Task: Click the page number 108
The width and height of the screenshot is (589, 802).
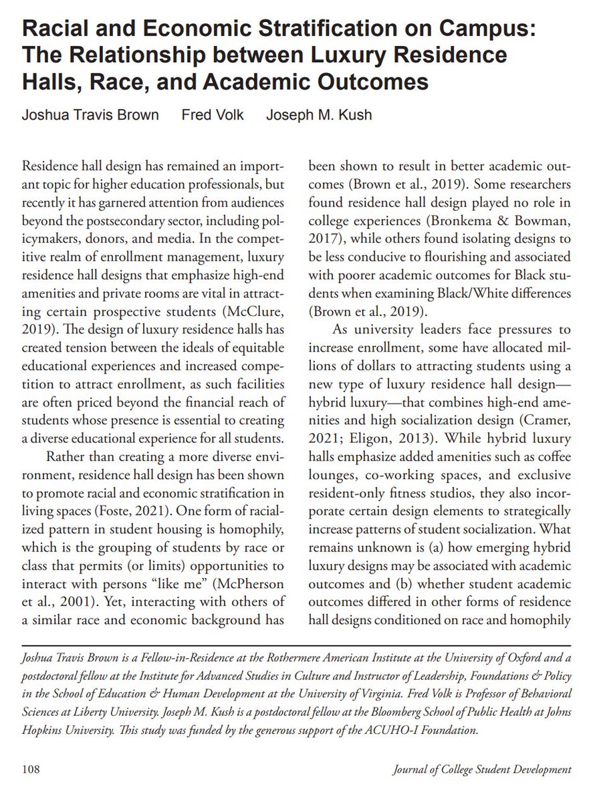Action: (31, 769)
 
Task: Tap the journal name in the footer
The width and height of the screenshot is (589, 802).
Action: (482, 769)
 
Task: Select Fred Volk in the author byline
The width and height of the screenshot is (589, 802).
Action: (213, 114)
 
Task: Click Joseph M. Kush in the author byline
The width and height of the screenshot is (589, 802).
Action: (319, 114)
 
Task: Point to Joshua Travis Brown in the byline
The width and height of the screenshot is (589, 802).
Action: (91, 114)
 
